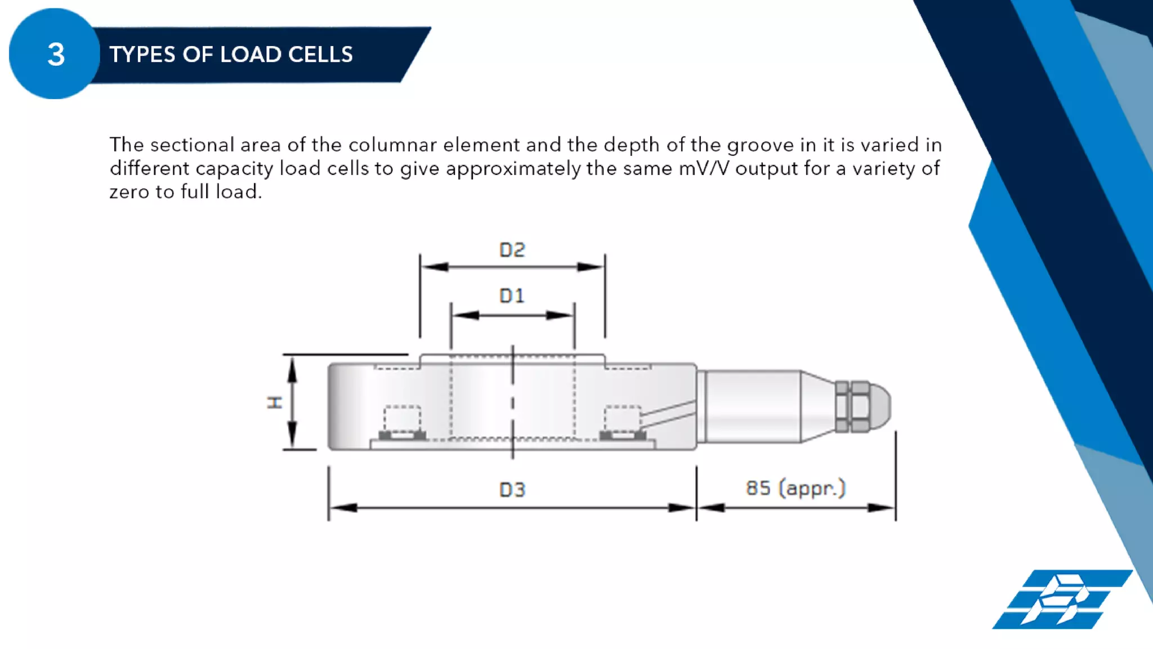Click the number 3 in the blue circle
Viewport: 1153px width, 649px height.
[x=56, y=55]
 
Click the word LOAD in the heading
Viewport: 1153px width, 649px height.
[x=250, y=55]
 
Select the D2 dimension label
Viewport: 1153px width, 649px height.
[x=512, y=250]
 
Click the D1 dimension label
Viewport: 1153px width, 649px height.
[x=512, y=296]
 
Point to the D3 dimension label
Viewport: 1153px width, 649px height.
[x=512, y=490]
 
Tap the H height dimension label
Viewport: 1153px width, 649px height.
[x=275, y=402]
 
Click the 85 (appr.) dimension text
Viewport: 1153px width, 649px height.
[x=796, y=488]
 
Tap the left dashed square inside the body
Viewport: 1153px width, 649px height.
[x=402, y=418]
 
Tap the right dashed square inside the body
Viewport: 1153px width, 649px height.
[x=622, y=418]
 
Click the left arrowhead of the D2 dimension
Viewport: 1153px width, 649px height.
[x=434, y=267]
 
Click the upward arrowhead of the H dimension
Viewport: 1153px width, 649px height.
[x=292, y=369]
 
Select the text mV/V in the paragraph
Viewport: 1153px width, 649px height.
[x=704, y=168]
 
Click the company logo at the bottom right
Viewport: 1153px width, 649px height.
[x=1061, y=599]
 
